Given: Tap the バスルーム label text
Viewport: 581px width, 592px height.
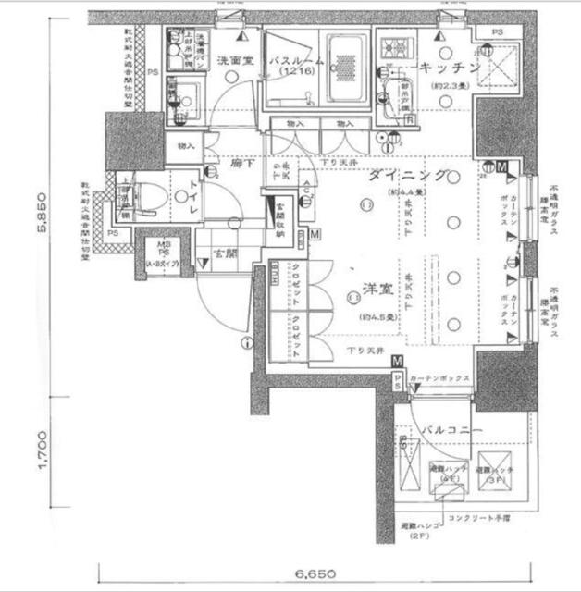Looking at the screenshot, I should [296, 61].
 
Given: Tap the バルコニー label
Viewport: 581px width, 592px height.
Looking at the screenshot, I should [449, 431].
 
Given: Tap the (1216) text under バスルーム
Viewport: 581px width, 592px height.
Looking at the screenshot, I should [296, 72].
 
